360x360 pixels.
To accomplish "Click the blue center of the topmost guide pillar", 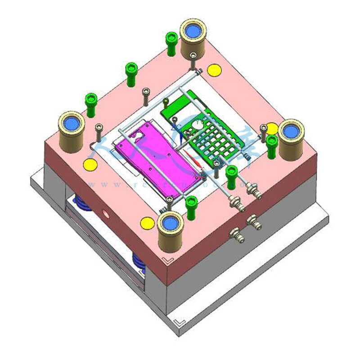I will click(x=193, y=31).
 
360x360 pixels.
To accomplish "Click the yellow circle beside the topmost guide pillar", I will click(x=214, y=70).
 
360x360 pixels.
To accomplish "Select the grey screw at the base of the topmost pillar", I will click(x=193, y=56).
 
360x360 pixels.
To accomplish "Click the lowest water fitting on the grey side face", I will click(x=235, y=234).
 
